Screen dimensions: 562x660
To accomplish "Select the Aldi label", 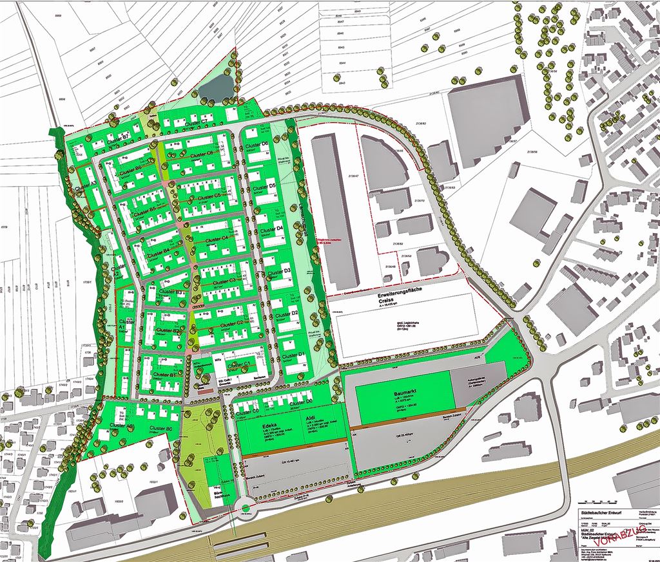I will click(301, 426).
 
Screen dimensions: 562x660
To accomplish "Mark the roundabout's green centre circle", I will click(246, 508).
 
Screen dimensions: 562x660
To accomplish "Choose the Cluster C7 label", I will click(195, 122).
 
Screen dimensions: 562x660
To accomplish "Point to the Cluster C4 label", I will click(217, 239).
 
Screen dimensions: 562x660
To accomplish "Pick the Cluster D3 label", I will click(278, 273).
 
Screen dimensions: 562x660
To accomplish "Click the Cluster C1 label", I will click(238, 366).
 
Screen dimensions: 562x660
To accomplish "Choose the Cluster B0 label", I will click(160, 428).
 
